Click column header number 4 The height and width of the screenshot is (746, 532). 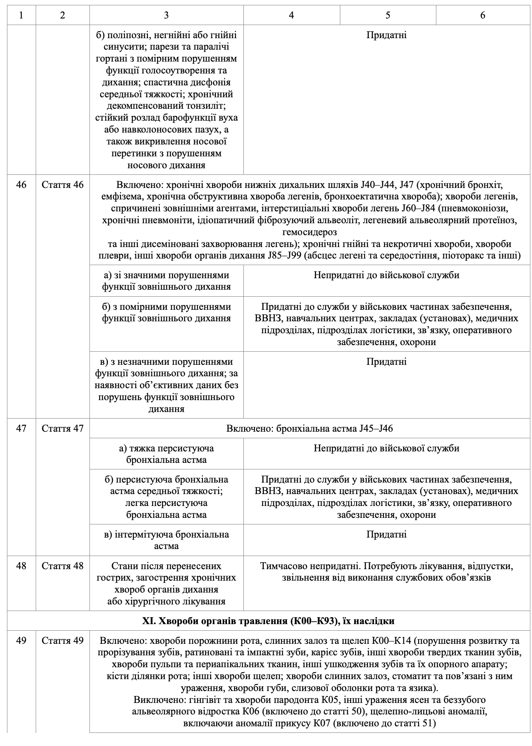291,15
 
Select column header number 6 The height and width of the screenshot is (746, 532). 483,15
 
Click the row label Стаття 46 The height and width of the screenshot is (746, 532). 62,185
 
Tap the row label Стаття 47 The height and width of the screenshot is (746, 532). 62,429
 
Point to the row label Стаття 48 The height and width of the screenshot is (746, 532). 62,566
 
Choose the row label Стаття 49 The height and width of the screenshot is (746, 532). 62,641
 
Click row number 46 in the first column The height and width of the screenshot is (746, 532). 21,185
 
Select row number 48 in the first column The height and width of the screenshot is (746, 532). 21,566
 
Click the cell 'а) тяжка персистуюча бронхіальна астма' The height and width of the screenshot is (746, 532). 166,454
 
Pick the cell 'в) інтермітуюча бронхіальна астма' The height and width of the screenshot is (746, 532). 166,540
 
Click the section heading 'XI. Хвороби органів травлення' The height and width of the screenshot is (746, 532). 268,621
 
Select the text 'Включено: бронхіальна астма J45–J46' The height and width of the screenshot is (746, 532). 310,429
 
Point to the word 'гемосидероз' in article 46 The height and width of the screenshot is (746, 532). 310,232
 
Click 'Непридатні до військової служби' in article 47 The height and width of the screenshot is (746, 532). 386,449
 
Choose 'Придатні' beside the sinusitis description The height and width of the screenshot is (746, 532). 386,35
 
